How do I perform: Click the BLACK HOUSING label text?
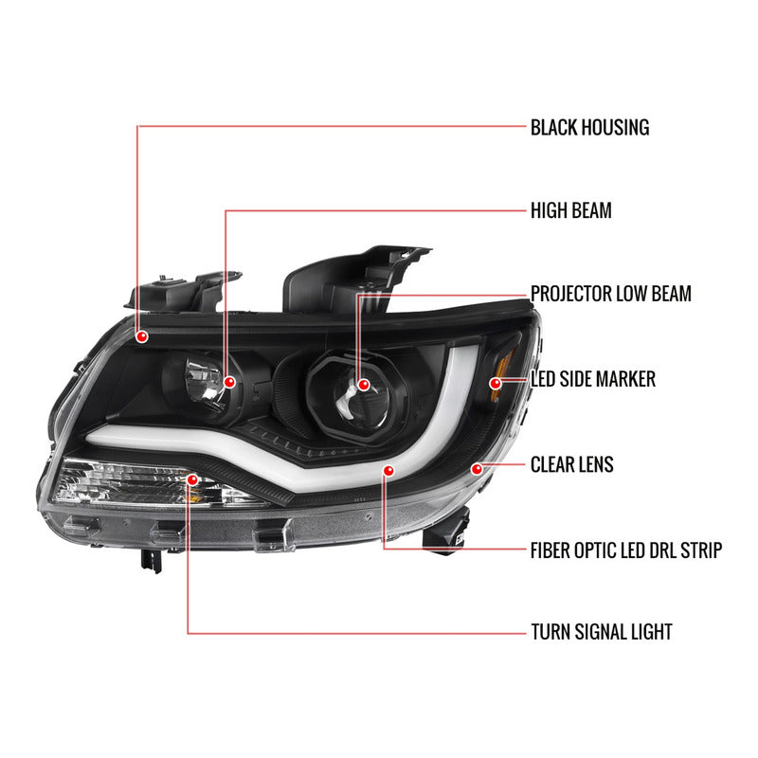click(589, 127)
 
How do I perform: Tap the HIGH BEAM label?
click(570, 210)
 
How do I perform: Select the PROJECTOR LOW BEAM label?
click(610, 294)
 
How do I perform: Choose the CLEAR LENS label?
click(571, 464)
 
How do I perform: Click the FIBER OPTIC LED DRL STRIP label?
click(625, 550)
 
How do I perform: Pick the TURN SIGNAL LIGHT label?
click(602, 632)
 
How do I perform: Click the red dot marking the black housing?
click(141, 336)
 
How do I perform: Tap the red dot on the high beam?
click(229, 382)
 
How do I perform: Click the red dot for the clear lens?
click(478, 468)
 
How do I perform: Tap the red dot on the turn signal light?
click(192, 479)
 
